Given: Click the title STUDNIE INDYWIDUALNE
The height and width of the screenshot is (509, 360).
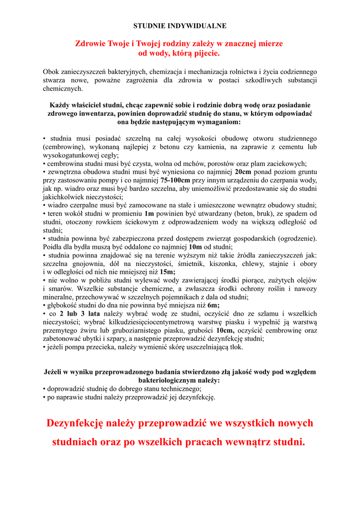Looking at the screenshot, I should (180, 25).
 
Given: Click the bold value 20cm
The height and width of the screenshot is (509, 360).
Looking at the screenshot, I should (243, 171).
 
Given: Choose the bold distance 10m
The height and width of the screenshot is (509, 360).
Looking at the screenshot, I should (195, 247).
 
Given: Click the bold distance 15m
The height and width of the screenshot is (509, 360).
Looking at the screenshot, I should (168, 272).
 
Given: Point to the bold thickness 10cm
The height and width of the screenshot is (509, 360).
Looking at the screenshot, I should (225, 330).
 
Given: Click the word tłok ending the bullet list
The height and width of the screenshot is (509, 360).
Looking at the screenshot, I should (236, 347).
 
